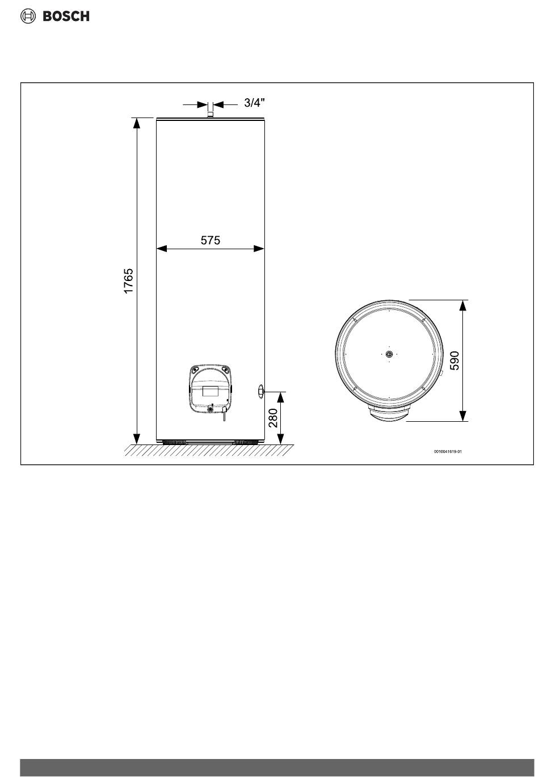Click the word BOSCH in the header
point(66,16)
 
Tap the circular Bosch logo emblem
point(28,16)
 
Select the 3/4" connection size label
point(254,103)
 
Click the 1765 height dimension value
point(128,281)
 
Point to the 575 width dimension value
point(210,240)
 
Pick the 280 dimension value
point(273,418)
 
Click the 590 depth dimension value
point(454,360)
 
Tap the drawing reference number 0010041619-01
point(448,452)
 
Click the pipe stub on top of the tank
point(210,114)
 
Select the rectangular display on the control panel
point(210,391)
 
